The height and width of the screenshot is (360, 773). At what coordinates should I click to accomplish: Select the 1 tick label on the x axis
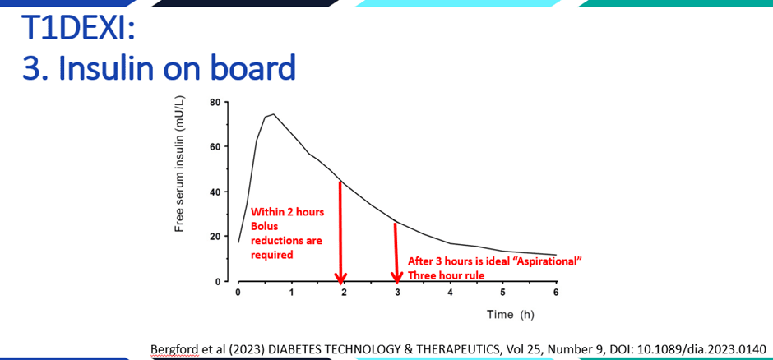coord(290,293)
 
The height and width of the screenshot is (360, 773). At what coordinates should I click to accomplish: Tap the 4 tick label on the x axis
coord(450,293)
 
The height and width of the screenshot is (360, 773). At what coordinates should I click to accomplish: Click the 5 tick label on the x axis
coord(502,293)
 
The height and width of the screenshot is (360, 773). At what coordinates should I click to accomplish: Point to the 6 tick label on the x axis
coord(556,293)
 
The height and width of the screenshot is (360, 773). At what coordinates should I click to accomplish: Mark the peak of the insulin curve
coord(273,114)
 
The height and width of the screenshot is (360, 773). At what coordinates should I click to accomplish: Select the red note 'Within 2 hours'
coord(287,211)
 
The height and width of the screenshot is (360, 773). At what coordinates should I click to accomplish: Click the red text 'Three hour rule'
coord(446,275)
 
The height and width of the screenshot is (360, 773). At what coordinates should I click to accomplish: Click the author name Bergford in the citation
coord(174,348)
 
